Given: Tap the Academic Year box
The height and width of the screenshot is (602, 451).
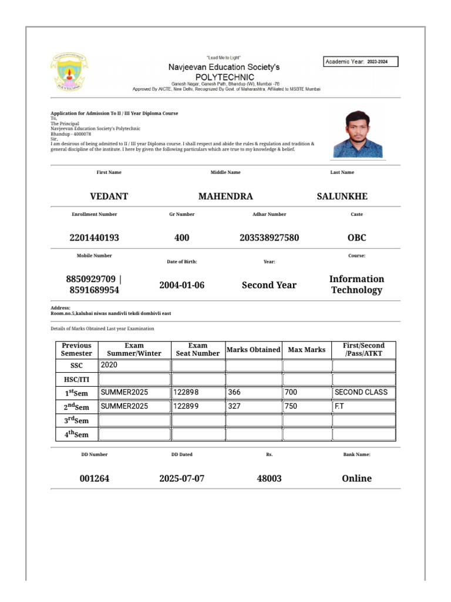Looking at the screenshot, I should (361, 61).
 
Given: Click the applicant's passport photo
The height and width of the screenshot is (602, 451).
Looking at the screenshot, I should (358, 133).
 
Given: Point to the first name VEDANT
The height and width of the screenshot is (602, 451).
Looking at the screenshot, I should (109, 196).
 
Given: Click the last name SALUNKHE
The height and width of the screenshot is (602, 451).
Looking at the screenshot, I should (342, 196).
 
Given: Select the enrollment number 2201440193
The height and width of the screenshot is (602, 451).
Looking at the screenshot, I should (94, 238).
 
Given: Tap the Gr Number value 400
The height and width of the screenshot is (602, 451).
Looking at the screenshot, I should (181, 238).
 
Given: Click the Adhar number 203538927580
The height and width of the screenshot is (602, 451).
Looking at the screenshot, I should (269, 238).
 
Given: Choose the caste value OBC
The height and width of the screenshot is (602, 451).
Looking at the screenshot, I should (356, 238).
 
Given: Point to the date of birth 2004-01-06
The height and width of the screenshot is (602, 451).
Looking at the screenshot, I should (181, 285).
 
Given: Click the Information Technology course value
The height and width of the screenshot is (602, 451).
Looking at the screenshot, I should (356, 285).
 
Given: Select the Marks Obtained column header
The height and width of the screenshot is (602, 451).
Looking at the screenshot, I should (253, 350).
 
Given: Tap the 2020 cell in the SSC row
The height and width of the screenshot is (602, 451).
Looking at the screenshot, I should (134, 365).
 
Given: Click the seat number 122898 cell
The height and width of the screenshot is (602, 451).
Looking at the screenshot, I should (198, 392).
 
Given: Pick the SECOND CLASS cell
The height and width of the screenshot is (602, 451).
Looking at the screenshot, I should (364, 392).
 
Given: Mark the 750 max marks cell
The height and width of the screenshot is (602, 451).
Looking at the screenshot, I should (307, 406).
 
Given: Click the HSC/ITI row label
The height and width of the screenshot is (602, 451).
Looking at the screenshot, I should (76, 379).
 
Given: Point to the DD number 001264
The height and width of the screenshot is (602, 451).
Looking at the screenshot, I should (94, 479).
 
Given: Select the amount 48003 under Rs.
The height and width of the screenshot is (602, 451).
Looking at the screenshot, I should (269, 479).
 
